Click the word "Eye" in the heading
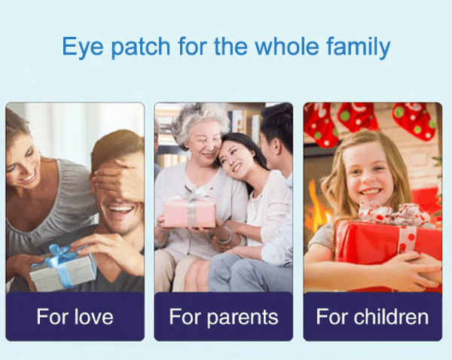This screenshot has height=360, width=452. click(82, 47)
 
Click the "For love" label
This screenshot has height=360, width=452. click(75, 316)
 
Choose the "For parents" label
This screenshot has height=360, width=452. click(224, 317)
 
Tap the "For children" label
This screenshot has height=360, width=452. click(372, 316)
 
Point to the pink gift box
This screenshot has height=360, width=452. click(190, 214)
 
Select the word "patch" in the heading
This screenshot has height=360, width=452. click(141, 47)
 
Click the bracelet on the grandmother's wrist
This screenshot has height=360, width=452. click(227, 236)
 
